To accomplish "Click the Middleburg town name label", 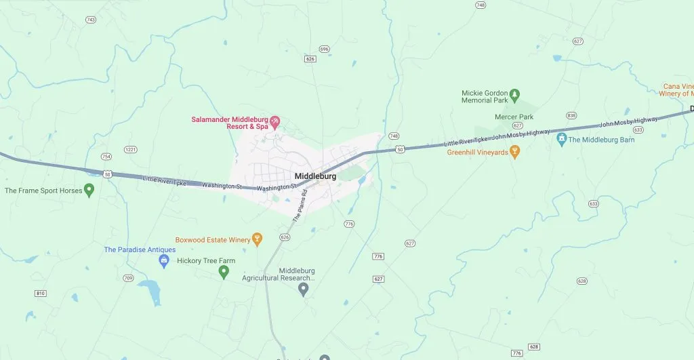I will tap(315, 176).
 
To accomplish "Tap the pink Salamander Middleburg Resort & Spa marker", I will tap(275, 122).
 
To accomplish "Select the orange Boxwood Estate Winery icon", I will tap(257, 239).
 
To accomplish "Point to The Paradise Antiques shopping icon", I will tap(163, 260).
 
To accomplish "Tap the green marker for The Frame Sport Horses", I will tap(89, 190).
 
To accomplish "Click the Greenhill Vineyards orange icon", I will tap(514, 152).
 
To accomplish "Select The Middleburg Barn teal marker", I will tap(561, 139).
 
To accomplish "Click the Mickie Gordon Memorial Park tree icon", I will tap(514, 94).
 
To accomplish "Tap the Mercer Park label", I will tap(513, 117).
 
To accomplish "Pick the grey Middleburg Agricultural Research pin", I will tap(304, 289).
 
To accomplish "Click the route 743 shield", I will tap(91, 20).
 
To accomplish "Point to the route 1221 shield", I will tap(131, 149).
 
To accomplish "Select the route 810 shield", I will tap(41, 293).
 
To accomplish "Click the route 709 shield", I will tap(128, 278).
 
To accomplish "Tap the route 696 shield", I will tap(324, 49).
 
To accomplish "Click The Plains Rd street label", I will tap(300, 207).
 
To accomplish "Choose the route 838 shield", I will tap(571, 116).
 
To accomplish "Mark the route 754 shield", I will tap(106, 157).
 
